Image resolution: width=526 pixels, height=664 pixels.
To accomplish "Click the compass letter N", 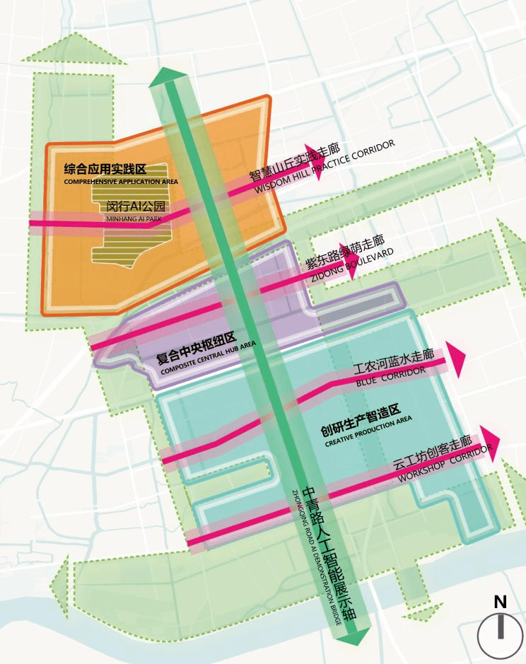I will (500, 602).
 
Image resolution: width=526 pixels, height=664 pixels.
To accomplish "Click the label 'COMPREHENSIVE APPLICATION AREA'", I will (120, 182).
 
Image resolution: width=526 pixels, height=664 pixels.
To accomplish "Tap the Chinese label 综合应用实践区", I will (104, 169).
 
